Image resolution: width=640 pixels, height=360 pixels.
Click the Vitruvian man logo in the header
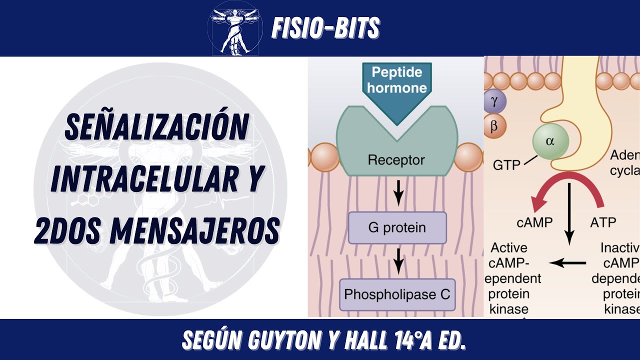(234, 28)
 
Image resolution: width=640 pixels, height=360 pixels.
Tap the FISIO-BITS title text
(325, 28)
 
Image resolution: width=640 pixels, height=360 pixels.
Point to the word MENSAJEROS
(194, 230)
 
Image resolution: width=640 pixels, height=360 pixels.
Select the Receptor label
(396, 160)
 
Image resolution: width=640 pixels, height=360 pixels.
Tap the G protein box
(397, 228)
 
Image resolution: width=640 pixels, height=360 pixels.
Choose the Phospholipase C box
(397, 293)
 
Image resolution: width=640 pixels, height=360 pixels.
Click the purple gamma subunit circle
(494, 102)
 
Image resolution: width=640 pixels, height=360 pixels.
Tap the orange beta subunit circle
(494, 126)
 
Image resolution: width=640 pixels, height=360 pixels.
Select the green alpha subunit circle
(550, 141)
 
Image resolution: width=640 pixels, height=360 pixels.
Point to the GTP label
(506, 164)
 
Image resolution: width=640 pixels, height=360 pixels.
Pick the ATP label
(603, 222)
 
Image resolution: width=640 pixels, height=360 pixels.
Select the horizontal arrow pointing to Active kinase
(568, 262)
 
